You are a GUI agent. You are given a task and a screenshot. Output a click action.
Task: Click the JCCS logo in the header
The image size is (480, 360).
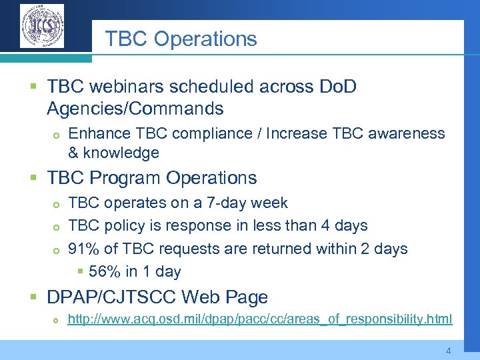tap(42, 26)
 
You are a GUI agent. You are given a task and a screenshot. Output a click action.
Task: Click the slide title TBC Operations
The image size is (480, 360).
tap(181, 39)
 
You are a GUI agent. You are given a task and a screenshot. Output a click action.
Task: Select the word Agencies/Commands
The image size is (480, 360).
tap(135, 108)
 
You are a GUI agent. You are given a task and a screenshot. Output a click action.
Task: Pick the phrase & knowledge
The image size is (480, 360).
tap(113, 153)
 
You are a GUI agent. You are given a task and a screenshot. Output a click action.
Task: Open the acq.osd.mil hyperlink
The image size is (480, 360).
tap(259, 319)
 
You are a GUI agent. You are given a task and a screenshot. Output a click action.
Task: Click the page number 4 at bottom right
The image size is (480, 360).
tap(448, 351)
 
